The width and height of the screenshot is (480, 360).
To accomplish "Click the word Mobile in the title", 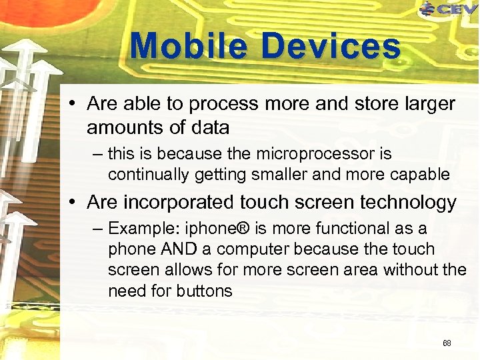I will [x=190, y=47].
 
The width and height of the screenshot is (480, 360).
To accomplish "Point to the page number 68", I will [x=447, y=343].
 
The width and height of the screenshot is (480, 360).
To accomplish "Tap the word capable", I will [x=419, y=175].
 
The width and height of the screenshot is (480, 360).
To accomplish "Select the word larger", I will [x=428, y=105].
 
